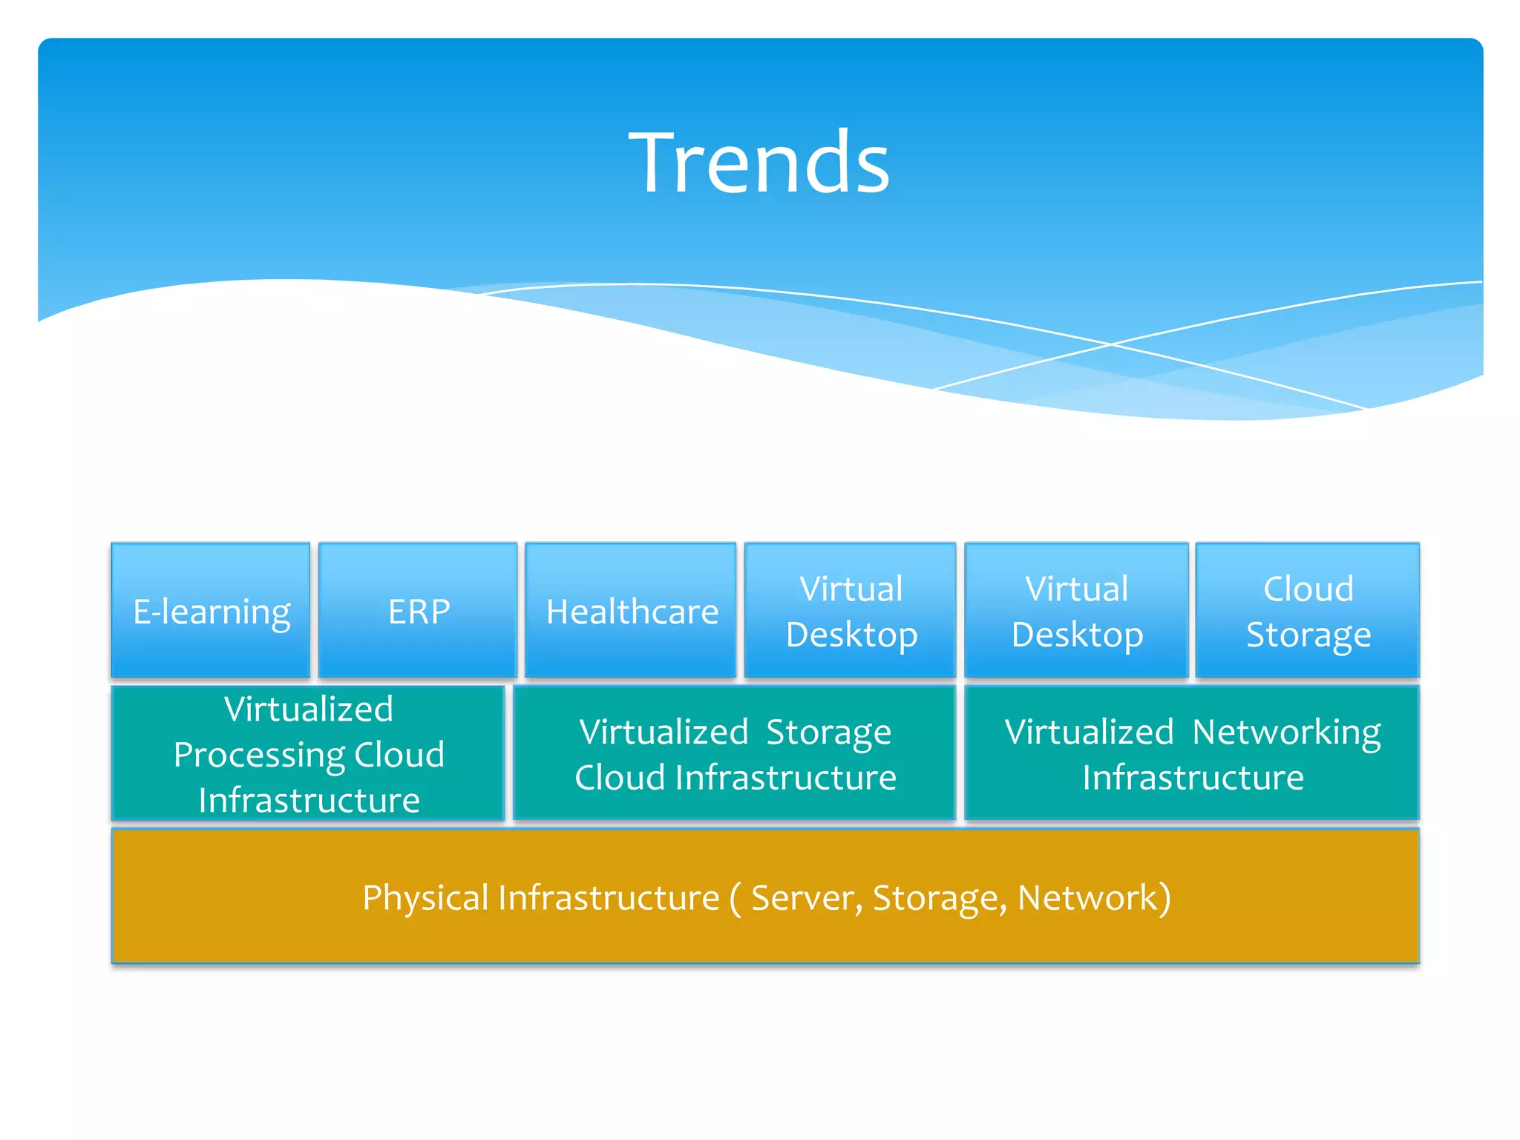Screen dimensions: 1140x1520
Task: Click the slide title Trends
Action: [759, 162]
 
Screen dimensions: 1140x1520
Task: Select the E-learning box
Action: [211, 611]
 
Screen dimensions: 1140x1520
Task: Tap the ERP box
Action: [418, 611]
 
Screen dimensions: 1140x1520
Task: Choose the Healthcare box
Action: [631, 611]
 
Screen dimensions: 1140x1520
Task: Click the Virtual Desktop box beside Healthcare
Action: [851, 611]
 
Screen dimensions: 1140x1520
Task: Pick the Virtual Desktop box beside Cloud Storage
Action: [1076, 611]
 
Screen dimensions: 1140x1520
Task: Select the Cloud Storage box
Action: [1308, 611]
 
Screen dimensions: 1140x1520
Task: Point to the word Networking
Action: [1286, 733]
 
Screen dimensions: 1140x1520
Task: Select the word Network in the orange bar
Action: [1088, 898]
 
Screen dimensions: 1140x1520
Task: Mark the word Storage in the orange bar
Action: [938, 898]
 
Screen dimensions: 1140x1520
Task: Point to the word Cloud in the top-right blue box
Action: [1308, 589]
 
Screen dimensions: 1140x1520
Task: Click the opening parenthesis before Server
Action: [735, 898]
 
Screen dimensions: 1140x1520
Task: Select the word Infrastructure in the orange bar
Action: [609, 898]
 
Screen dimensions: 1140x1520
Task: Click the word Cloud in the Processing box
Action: [399, 756]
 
